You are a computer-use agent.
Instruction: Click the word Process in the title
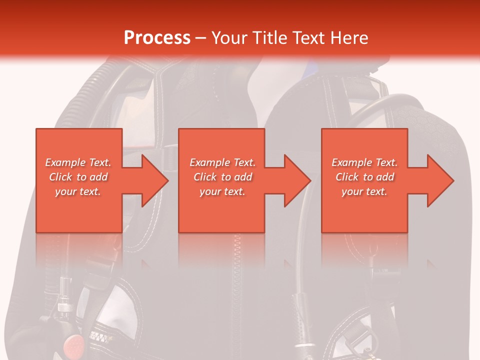click(x=157, y=37)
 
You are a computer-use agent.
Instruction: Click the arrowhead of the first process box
click(x=155, y=180)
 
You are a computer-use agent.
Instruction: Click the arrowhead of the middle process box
click(x=298, y=180)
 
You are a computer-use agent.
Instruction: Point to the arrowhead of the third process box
click(x=440, y=180)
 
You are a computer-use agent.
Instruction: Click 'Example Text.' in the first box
click(x=78, y=162)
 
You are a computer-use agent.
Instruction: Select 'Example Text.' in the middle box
click(x=222, y=162)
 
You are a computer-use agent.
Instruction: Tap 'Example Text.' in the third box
click(x=364, y=162)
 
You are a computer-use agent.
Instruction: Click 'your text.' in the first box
click(x=78, y=191)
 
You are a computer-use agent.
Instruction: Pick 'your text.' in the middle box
click(x=222, y=191)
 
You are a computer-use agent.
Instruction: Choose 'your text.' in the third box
click(x=364, y=191)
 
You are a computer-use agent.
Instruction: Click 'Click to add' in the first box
click(x=78, y=177)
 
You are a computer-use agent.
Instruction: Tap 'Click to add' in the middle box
click(x=222, y=177)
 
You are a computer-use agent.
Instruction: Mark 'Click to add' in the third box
click(x=364, y=177)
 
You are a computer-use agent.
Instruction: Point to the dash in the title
click(x=201, y=38)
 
